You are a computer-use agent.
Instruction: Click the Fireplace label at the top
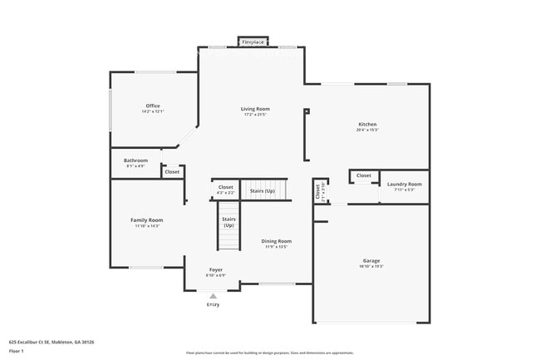(x=253, y=42)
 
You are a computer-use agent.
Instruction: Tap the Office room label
(x=153, y=106)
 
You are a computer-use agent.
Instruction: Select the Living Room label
(x=256, y=109)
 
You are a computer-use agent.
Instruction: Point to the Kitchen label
(x=367, y=124)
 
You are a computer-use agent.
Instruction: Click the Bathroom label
(x=135, y=160)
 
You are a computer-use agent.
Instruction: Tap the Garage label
(x=371, y=261)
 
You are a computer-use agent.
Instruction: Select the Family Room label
(x=146, y=220)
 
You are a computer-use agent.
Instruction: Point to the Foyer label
(x=215, y=270)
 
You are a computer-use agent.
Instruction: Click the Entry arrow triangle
(x=214, y=295)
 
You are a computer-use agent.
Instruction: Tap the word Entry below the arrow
(x=214, y=305)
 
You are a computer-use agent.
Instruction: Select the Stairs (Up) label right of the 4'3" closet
(x=263, y=190)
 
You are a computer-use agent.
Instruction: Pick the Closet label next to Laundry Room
(x=364, y=175)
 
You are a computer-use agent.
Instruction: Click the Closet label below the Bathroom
(x=172, y=172)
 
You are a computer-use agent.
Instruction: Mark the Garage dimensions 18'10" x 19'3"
(x=371, y=267)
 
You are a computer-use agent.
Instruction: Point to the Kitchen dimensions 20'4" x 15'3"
(x=367, y=130)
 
